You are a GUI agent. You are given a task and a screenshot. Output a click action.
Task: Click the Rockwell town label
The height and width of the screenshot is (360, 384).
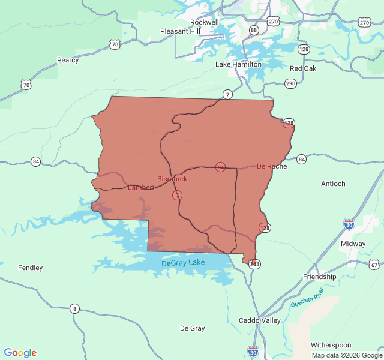tap(204, 22)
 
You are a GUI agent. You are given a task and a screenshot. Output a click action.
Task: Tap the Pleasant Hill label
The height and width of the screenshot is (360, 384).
tap(180, 31)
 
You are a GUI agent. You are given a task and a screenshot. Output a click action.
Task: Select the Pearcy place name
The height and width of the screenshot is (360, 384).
tap(68, 60)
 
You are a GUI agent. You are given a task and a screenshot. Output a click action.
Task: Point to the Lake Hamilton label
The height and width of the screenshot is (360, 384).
tap(238, 64)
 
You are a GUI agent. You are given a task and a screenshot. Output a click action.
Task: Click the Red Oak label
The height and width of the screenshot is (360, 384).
tap(303, 68)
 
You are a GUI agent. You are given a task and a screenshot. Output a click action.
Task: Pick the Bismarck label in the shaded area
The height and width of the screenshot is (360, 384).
tap(172, 179)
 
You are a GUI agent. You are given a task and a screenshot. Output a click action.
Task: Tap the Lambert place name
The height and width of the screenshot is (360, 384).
tap(141, 187)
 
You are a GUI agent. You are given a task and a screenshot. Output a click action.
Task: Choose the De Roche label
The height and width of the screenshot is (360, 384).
tap(272, 166)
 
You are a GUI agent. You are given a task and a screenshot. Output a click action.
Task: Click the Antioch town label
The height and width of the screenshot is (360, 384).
tap(333, 184)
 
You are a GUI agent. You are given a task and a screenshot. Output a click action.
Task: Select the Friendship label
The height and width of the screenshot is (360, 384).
tap(320, 277)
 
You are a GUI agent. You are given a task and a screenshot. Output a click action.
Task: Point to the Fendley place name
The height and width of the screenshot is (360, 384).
tap(30, 268)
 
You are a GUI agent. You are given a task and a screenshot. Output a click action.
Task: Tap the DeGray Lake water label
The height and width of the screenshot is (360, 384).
tap(184, 263)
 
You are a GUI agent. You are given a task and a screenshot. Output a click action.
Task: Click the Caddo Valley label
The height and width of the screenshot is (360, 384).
tap(260, 320)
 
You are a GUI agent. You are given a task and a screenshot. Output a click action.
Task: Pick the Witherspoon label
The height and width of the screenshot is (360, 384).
tap(331, 345)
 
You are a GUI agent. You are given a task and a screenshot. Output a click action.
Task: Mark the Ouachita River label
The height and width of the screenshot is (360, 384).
tap(308, 297)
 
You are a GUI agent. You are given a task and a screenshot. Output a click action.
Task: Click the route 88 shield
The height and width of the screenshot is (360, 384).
tap(254, 30)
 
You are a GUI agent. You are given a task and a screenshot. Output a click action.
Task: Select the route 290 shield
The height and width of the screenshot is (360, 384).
tap(291, 83)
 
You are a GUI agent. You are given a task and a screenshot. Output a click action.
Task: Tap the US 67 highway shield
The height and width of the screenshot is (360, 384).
tap(374, 265)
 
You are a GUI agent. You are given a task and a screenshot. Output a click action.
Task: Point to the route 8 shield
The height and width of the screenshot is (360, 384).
tap(74, 308)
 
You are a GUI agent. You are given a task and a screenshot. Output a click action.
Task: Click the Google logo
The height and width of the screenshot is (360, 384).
tap(20, 353)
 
